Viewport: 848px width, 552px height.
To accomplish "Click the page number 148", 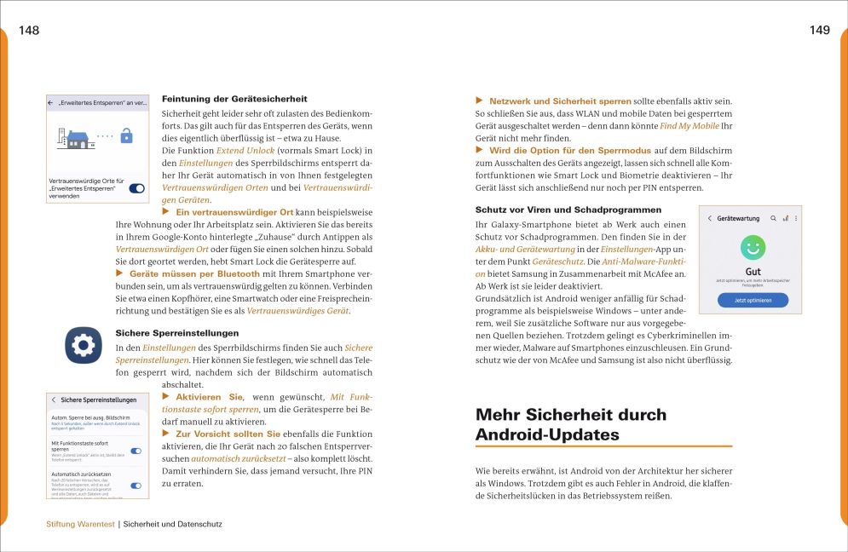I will click(29, 31).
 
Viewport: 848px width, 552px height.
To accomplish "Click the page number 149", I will click(819, 31).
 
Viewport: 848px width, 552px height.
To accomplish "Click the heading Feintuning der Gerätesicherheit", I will click(234, 99).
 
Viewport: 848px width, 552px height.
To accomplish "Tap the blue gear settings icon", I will click(84, 345).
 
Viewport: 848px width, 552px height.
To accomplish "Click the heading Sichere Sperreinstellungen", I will click(176, 333).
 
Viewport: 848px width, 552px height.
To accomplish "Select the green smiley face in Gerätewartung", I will click(753, 249).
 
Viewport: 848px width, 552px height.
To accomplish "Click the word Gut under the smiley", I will click(753, 270).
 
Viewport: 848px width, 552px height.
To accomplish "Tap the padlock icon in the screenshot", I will click(127, 135).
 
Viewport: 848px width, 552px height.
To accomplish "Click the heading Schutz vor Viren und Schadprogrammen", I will click(568, 210).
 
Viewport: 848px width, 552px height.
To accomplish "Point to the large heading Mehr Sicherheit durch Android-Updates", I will click(571, 424).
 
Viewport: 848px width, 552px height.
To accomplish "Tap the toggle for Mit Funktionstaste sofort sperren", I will click(136, 451).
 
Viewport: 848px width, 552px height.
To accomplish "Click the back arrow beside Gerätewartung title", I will click(709, 219).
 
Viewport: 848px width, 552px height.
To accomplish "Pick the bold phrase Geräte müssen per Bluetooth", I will click(194, 273).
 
